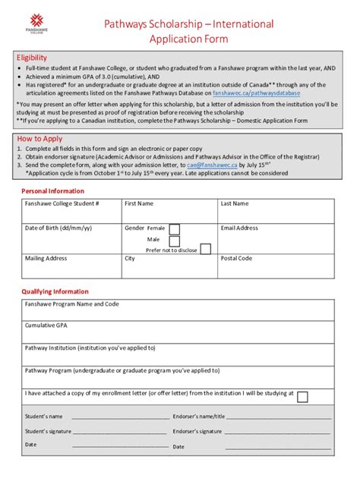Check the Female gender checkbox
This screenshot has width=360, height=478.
point(175,228)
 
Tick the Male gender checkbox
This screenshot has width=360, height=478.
point(175,239)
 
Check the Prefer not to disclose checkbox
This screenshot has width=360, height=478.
point(206,249)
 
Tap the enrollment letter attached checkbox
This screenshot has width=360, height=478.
point(302,397)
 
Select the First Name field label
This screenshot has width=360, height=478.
point(139,204)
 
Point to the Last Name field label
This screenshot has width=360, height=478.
point(235,204)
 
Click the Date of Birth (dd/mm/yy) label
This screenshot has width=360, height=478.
point(58,228)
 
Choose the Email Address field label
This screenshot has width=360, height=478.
point(239,228)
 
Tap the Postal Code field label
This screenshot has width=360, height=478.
point(236,258)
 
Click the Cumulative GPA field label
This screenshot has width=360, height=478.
point(46,325)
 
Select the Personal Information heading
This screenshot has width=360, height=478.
point(52,191)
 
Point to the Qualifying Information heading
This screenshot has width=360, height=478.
point(55,291)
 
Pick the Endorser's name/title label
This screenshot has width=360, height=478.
point(199,417)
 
